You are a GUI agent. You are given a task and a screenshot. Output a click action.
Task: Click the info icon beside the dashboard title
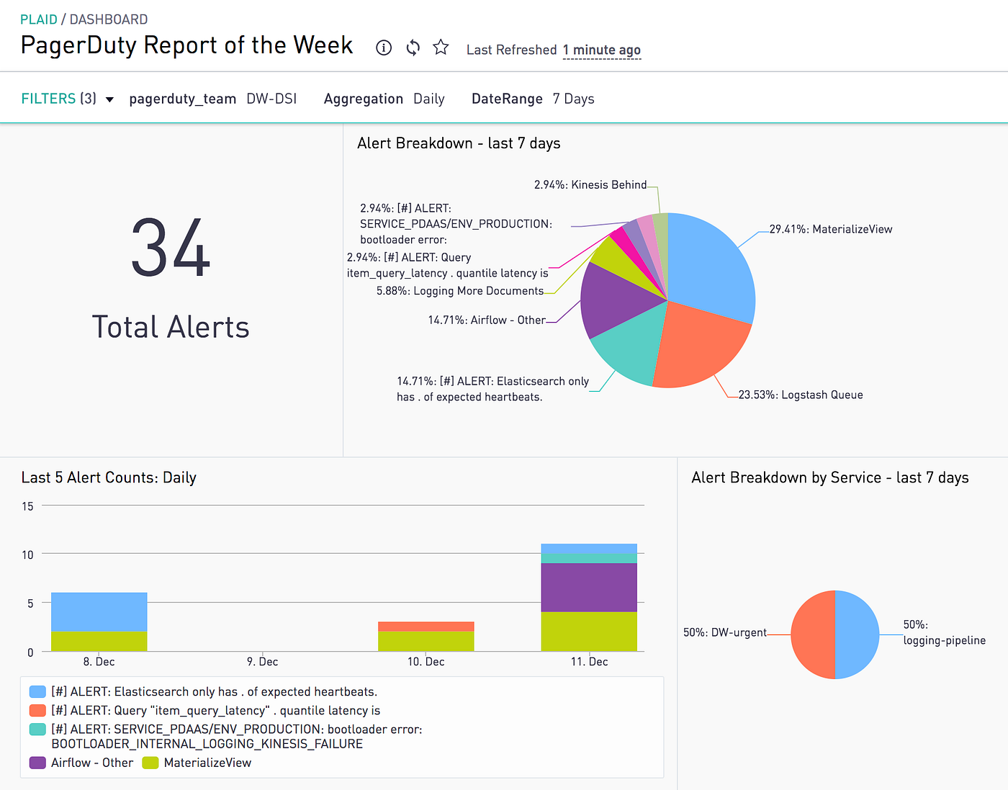(x=384, y=48)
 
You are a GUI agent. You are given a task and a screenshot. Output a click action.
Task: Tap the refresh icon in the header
(x=413, y=48)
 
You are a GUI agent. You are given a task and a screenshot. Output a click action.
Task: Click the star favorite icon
(x=441, y=48)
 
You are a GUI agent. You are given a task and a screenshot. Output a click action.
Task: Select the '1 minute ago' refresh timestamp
(x=601, y=50)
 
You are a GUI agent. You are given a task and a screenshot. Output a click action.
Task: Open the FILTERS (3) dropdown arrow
(x=109, y=99)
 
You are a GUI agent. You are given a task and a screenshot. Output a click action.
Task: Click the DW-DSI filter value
(x=271, y=99)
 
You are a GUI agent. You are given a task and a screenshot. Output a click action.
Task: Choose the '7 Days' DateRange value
(x=573, y=99)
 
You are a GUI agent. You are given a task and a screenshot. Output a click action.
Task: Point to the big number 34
(x=171, y=248)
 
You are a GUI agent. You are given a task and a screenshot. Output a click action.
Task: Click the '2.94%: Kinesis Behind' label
(x=590, y=185)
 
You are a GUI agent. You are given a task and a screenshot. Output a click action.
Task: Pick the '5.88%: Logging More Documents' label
(x=460, y=291)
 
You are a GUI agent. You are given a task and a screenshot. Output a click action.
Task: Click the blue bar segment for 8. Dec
(x=99, y=611)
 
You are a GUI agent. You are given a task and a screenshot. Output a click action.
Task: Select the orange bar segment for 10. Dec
(x=426, y=627)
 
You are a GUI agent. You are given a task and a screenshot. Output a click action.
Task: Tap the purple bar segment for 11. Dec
(x=589, y=587)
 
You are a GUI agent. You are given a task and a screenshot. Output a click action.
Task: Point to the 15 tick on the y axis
(x=27, y=506)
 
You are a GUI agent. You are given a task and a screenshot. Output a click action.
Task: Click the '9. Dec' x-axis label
(x=262, y=662)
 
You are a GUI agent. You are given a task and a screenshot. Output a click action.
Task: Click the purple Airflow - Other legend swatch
(x=37, y=763)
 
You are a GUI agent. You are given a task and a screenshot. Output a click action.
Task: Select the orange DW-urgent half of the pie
(x=812, y=634)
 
